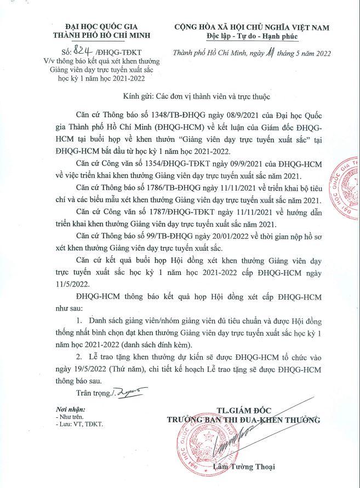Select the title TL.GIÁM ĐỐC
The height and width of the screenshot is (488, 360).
[243, 410]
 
